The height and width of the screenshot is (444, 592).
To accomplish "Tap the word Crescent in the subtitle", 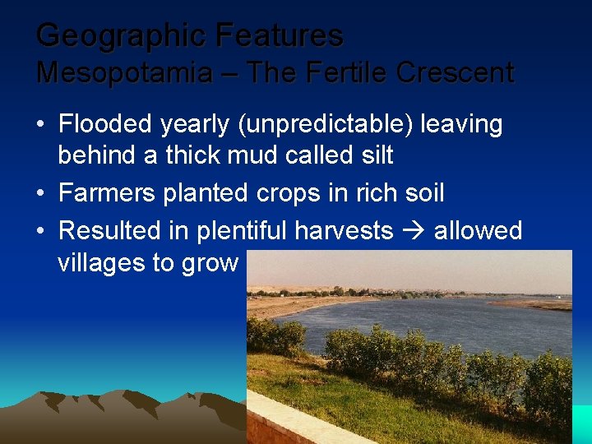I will click(x=455, y=73).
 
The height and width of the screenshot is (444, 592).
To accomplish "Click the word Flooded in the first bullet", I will click(x=105, y=125).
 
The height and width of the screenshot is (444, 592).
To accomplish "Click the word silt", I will click(x=373, y=155).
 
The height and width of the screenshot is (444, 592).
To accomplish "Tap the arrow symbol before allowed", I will click(x=414, y=231).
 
